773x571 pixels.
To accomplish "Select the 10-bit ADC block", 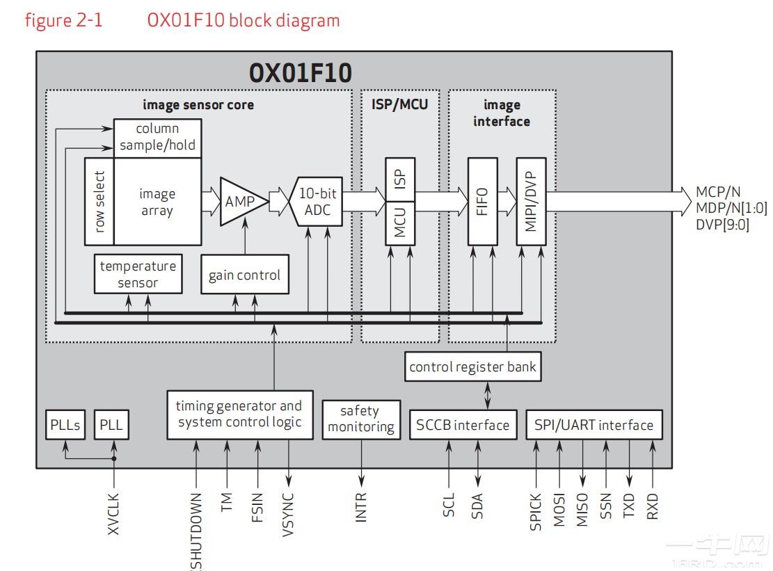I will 318,202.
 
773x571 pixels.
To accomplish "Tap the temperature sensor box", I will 138,274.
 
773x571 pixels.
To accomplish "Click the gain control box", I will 244,275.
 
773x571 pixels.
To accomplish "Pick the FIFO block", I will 483,201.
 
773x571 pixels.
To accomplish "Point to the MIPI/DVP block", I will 530,201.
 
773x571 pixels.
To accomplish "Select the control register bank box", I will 472,367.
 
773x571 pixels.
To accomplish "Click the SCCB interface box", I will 463,424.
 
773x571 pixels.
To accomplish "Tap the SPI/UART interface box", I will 593,424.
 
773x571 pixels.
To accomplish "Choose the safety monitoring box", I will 361,419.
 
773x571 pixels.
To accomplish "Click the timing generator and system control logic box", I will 239,414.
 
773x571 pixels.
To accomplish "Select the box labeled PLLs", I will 65,424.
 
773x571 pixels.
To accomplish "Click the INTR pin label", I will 361,508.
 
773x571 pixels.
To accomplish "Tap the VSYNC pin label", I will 289,513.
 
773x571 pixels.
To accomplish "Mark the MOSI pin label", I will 559,510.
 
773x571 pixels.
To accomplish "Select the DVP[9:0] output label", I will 722,225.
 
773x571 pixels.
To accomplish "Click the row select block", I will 99,201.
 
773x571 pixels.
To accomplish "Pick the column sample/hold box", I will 157,138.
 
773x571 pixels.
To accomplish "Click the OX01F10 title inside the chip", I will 300,73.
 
